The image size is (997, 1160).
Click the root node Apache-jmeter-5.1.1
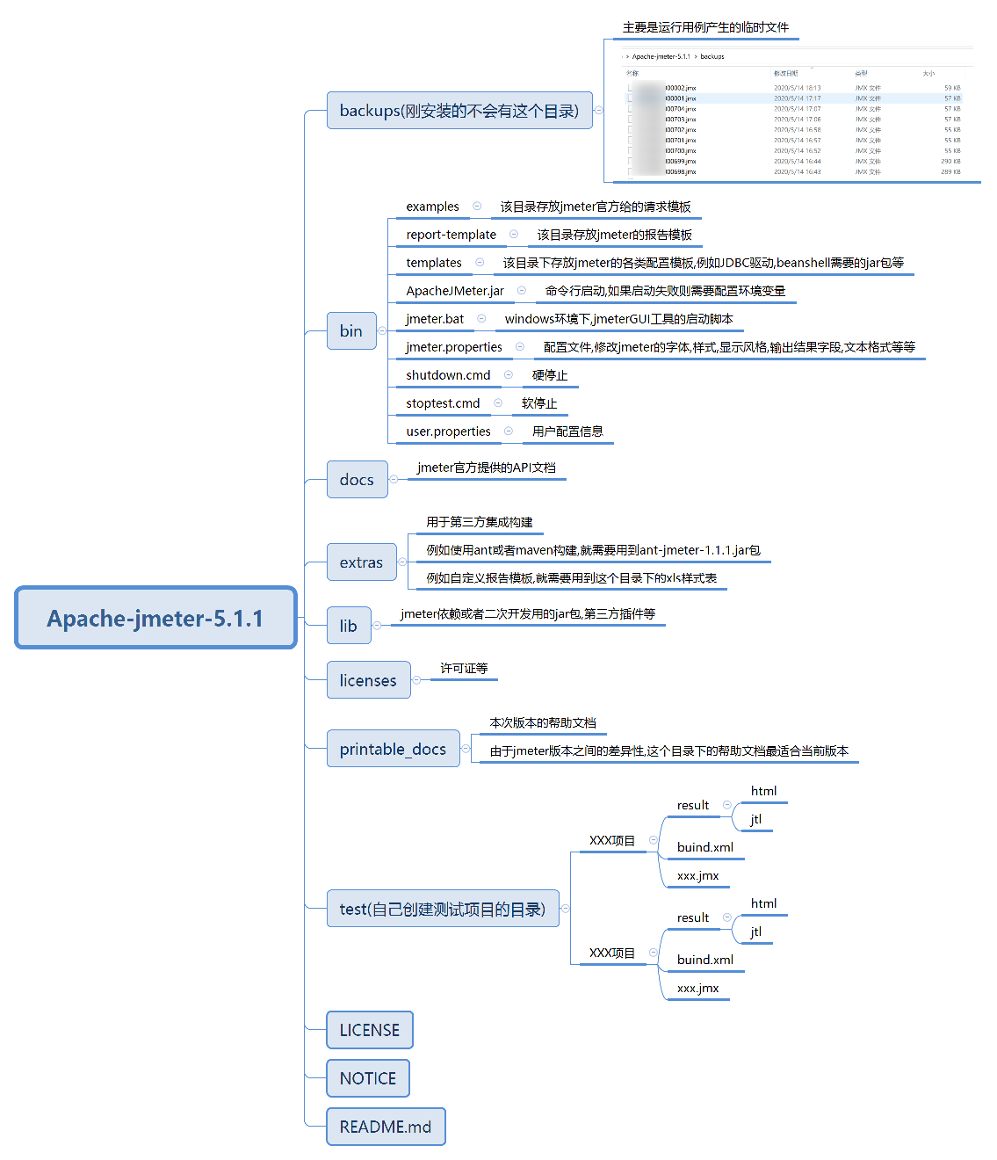tap(155, 618)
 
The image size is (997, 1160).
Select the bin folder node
tap(351, 330)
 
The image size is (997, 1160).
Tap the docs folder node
tap(357, 479)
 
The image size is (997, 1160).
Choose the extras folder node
tap(361, 562)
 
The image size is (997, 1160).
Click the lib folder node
tap(348, 625)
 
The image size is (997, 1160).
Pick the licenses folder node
tap(368, 679)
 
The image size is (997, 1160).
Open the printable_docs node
tap(393, 748)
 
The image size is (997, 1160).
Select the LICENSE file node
tap(369, 1029)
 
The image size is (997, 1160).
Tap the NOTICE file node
tap(367, 1077)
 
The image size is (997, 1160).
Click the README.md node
tap(385, 1126)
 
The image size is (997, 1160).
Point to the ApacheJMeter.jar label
tap(455, 291)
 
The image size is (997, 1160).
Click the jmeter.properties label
tap(454, 347)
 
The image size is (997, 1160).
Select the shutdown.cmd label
tap(448, 375)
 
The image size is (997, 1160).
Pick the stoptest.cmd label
tap(443, 403)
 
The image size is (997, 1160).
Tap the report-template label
tap(451, 235)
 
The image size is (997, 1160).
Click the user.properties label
tap(448, 431)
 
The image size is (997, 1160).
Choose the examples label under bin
tap(432, 207)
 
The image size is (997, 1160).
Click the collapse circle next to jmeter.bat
tap(481, 318)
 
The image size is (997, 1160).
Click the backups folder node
tap(459, 110)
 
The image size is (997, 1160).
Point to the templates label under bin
tap(434, 263)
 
